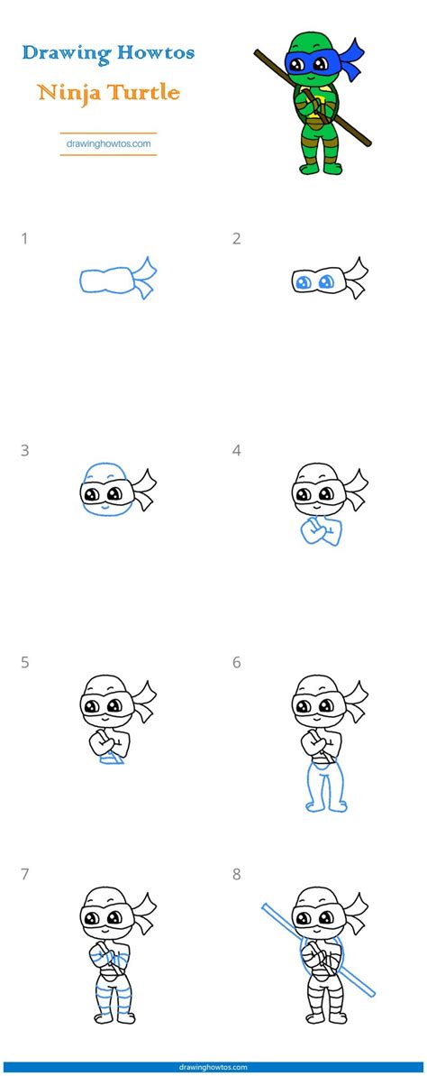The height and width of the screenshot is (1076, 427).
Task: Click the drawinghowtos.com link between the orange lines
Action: click(x=108, y=143)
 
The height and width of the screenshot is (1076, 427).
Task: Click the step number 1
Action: click(x=25, y=239)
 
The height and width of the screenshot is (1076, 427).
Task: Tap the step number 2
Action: click(x=236, y=239)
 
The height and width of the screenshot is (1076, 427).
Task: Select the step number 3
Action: click(x=25, y=451)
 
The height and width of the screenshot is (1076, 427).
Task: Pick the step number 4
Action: click(x=237, y=451)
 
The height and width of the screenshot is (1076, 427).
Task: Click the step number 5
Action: click(x=25, y=663)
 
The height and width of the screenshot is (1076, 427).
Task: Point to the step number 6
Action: click(x=237, y=663)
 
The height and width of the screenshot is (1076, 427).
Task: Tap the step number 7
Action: click(x=25, y=874)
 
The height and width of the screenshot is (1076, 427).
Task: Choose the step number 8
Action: click(x=237, y=874)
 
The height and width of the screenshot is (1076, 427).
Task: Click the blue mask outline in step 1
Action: click(x=106, y=281)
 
